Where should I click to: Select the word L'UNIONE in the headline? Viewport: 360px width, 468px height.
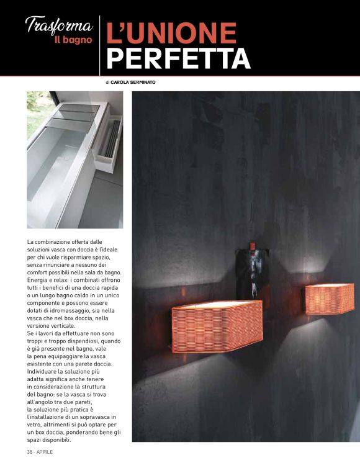171,33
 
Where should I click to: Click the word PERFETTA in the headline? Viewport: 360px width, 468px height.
178,58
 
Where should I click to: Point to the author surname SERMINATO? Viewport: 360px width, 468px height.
146,82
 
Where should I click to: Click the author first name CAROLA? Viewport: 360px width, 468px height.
120,82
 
